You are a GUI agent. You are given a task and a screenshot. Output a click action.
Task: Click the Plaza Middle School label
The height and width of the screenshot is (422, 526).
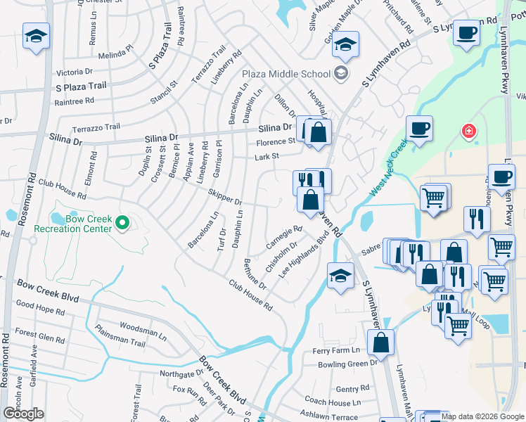[286, 74]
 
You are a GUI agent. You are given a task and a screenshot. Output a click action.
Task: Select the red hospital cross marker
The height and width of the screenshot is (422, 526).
[467, 131]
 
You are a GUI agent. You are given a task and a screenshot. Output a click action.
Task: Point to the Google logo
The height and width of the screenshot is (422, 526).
[23, 414]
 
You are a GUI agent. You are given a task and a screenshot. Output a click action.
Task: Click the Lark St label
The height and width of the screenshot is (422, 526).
[267, 157]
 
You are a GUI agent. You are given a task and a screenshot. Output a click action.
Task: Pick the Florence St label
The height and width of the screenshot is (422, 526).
[275, 142]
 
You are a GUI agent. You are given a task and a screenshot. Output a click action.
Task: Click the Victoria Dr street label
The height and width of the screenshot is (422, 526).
[75, 72]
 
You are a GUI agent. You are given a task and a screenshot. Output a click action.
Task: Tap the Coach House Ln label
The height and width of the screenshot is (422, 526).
[332, 402]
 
